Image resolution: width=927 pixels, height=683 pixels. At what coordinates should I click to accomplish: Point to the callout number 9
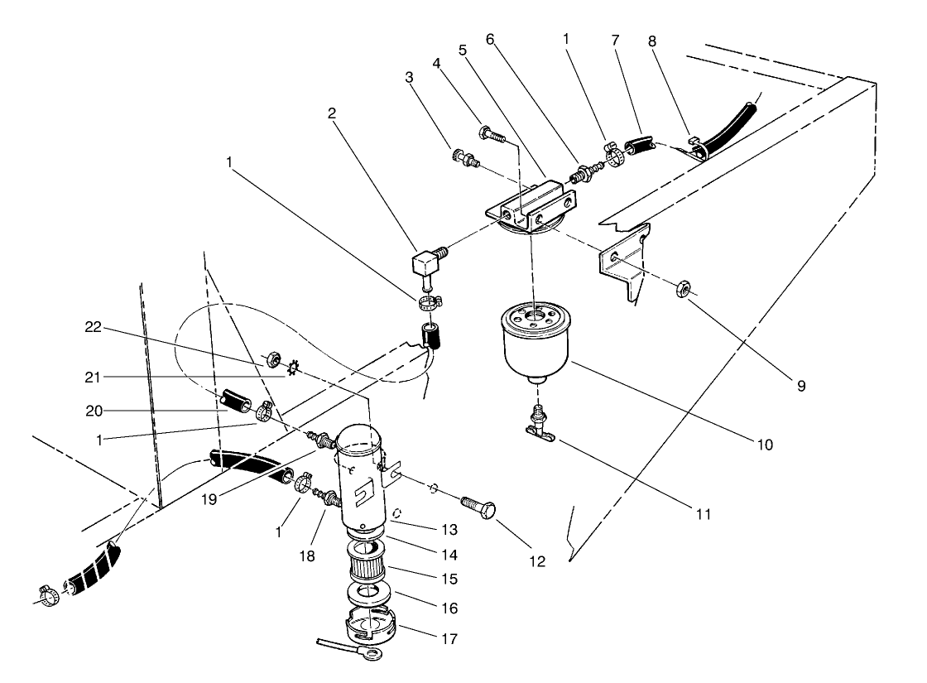pyautogui.click(x=800, y=384)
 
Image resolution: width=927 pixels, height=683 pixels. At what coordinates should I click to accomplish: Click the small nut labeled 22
pyautogui.click(x=270, y=361)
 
